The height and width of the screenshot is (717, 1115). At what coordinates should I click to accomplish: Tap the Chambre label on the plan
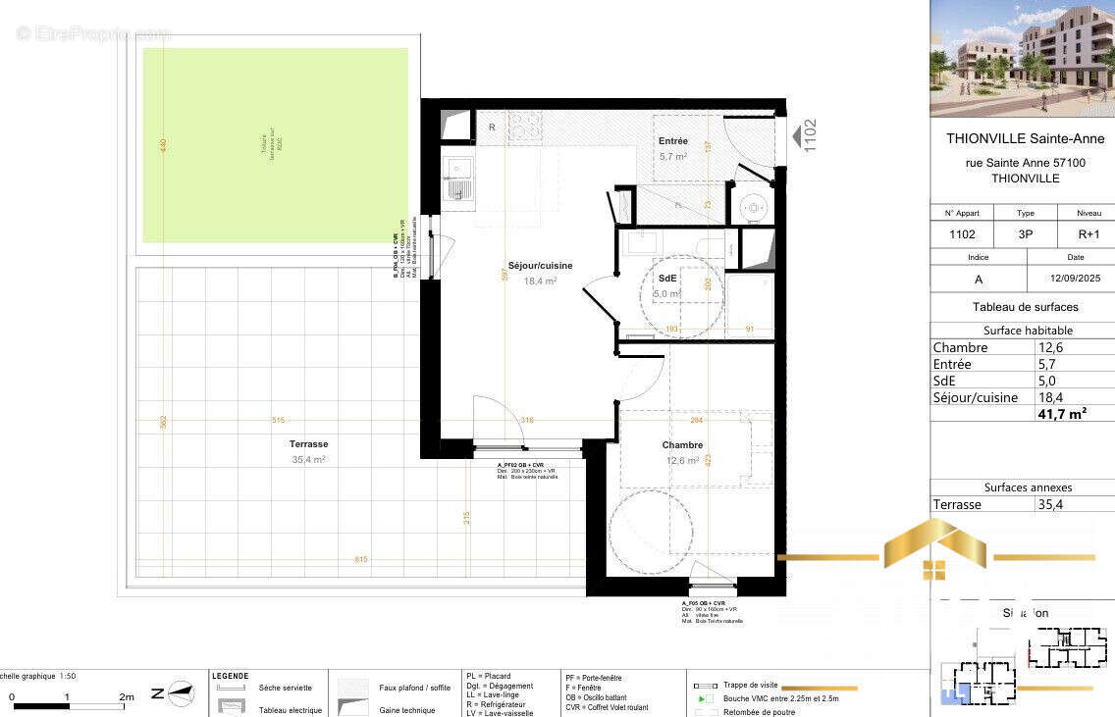[x=682, y=445]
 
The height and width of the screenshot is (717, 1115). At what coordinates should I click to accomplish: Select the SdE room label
[x=667, y=279]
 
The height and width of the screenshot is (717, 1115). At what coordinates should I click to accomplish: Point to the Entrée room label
[x=673, y=141]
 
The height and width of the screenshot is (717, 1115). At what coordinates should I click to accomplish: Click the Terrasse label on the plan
[x=308, y=444]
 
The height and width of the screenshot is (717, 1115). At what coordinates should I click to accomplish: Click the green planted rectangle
[x=275, y=145]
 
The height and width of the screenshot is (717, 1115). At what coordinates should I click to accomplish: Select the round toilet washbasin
[x=753, y=207]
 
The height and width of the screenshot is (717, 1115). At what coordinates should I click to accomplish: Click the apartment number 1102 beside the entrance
[x=810, y=135]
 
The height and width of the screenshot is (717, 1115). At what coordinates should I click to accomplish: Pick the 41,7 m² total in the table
[x=1062, y=415]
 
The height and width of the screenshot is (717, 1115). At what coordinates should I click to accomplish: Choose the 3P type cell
[x=1025, y=235]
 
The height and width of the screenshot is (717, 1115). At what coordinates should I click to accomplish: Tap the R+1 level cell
[x=1088, y=235]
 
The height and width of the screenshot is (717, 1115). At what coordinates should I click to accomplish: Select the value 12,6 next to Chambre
[x=1050, y=347]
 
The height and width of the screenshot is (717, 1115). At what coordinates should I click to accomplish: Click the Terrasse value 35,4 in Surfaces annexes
[x=1050, y=504]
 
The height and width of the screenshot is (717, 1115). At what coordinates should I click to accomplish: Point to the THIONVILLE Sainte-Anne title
[x=1025, y=139]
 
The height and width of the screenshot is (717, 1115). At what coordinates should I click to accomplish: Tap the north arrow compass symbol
[x=179, y=692]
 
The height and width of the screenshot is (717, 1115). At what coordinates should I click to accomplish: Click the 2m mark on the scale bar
[x=127, y=697]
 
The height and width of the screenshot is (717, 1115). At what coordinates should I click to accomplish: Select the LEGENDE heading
[x=230, y=676]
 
